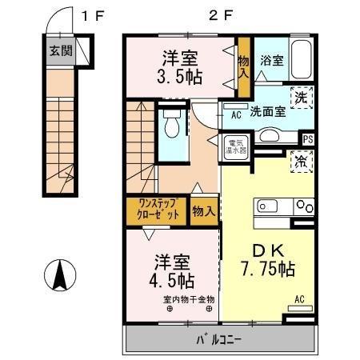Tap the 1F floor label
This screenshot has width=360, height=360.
coord(94,14)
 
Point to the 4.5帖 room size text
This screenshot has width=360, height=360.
coord(173,281)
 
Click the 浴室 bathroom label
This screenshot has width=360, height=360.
coord(271,60)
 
